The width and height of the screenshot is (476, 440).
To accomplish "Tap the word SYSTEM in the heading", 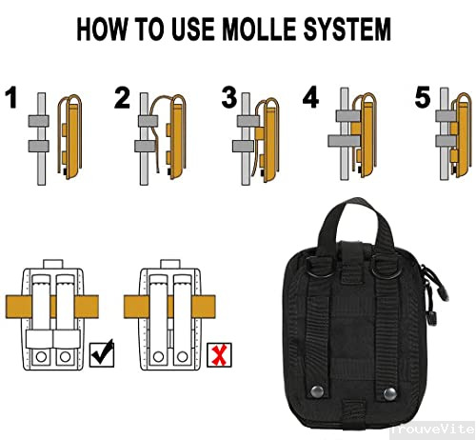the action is point(347,30).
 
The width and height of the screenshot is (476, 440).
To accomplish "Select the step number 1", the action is point(11,97).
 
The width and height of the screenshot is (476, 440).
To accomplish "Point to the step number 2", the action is point(122,98).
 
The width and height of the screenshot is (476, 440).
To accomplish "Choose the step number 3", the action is point(229,97).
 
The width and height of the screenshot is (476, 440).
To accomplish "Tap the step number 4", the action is point(310,97).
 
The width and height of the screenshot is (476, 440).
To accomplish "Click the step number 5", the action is point(423,97).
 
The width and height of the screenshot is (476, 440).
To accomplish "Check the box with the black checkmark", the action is point(102,354).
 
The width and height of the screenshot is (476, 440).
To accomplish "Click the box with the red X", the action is point(219,355).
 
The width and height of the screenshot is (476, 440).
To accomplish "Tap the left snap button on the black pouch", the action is point(317,391).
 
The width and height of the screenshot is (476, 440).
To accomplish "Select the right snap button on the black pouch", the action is point(389,394).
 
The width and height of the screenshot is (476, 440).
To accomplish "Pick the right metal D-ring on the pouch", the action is point(385,267).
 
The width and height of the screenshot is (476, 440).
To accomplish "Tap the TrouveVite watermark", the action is point(432,430).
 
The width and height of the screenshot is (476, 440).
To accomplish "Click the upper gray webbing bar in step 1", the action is point(38,121).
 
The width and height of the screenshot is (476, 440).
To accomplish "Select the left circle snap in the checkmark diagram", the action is point(41,356).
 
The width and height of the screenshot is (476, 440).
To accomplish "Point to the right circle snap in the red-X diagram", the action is point(182,356).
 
